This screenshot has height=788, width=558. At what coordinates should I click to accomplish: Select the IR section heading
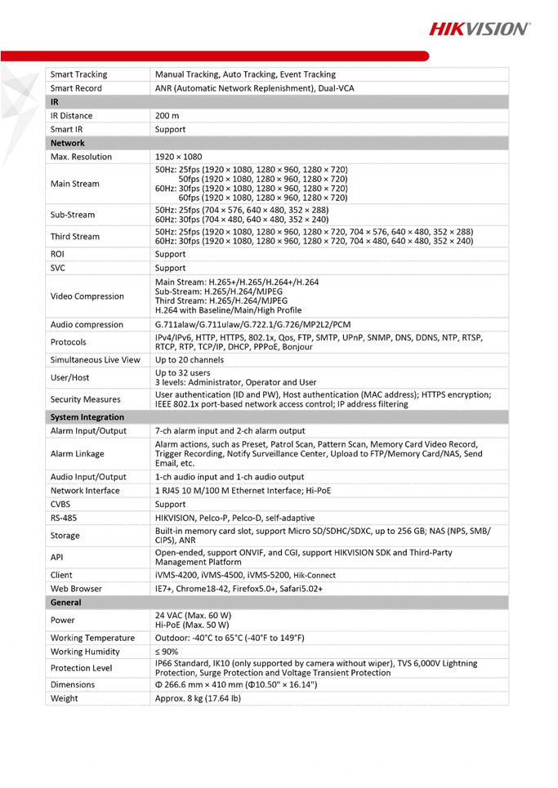click(x=54, y=102)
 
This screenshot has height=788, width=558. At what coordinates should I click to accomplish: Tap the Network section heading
click(x=67, y=143)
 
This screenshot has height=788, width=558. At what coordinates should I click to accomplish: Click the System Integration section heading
click(x=87, y=417)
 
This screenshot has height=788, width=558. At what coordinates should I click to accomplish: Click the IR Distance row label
click(x=71, y=116)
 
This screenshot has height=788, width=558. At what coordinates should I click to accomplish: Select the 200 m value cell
click(x=167, y=116)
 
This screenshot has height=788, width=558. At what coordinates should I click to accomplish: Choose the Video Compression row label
click(x=87, y=296)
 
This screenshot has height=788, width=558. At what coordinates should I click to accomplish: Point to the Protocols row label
click(x=68, y=342)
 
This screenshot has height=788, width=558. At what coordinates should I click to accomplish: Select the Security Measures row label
click(x=85, y=399)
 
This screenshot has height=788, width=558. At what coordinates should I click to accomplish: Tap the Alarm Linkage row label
click(x=78, y=453)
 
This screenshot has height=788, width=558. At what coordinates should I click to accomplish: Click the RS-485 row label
click(x=64, y=519)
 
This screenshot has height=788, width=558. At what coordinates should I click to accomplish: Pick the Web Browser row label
click(x=75, y=589)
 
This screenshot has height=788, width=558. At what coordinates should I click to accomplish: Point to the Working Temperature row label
click(x=92, y=638)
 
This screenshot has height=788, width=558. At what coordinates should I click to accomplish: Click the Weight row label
click(x=65, y=699)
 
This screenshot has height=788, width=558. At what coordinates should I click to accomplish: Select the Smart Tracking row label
click(x=79, y=74)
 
